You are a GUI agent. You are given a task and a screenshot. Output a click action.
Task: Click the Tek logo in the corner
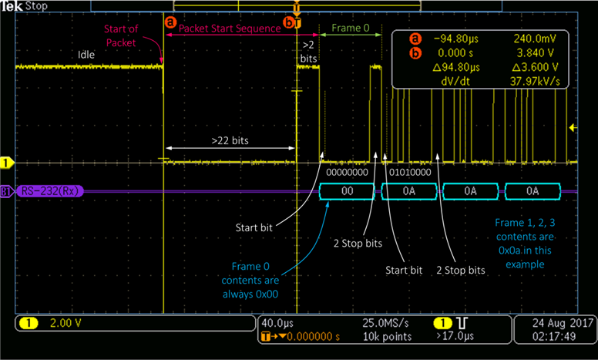coord(12,5)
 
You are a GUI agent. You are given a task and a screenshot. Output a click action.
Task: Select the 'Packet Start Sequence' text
coord(230,28)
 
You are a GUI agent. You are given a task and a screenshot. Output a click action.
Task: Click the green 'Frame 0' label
coord(351,28)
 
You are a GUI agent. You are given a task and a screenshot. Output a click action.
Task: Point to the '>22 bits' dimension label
coord(230,141)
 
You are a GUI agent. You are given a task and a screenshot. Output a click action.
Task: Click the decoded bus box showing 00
coord(348,190)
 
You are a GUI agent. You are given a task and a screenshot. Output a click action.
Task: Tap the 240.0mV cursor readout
coord(531,39)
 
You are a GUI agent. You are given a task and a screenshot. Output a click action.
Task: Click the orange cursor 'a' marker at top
coord(170,23)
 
